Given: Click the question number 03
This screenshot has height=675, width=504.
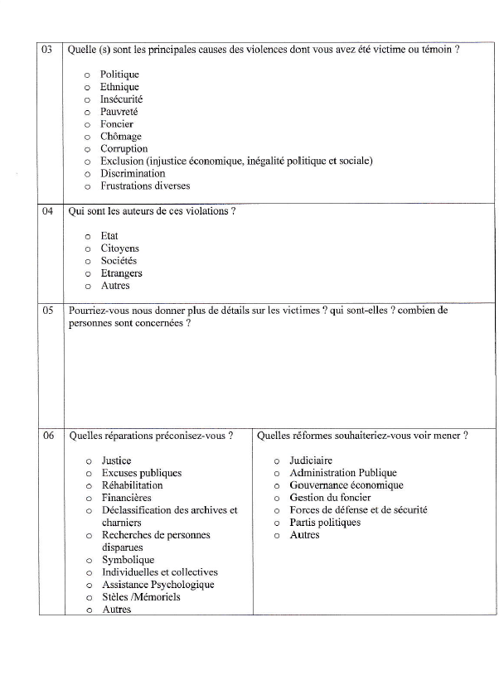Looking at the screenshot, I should [x=48, y=50].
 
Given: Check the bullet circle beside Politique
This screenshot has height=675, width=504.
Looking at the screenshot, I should [x=87, y=75].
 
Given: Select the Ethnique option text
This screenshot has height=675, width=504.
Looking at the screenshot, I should [x=119, y=87].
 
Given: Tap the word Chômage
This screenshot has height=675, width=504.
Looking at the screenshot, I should [x=121, y=137].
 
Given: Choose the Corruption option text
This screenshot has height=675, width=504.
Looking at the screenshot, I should [x=124, y=149].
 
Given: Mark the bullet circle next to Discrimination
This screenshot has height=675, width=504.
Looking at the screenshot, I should [x=87, y=175].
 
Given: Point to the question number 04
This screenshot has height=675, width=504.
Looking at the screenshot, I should [x=48, y=211].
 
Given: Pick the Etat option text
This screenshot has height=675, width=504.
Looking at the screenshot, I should [x=109, y=236].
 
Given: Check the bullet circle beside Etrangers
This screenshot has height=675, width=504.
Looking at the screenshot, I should [x=87, y=274].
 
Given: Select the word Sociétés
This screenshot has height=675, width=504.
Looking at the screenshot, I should [x=119, y=261].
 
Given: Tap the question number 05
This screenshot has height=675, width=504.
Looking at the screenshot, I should [x=48, y=311].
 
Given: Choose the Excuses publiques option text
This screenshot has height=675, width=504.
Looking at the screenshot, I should [x=141, y=473].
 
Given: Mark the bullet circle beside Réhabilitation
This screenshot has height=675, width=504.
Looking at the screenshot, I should [x=87, y=486].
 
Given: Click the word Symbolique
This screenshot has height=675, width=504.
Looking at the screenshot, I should [x=128, y=560].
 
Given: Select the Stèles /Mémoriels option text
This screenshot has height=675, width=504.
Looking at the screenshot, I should [x=141, y=597].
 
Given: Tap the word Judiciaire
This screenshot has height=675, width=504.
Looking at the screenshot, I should [x=311, y=460].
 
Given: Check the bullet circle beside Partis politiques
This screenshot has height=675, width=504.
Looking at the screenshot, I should [x=276, y=523].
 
